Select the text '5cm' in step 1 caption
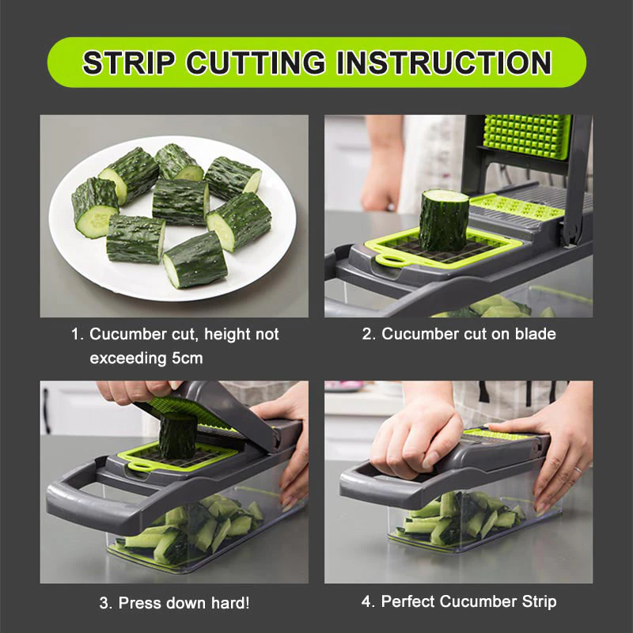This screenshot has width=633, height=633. pyautogui.click(x=186, y=358)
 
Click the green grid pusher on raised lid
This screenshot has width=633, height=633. pyautogui.click(x=527, y=136)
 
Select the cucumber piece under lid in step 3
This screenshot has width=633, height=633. pyautogui.click(x=177, y=434)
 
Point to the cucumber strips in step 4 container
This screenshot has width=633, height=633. pyautogui.click(x=459, y=518)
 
